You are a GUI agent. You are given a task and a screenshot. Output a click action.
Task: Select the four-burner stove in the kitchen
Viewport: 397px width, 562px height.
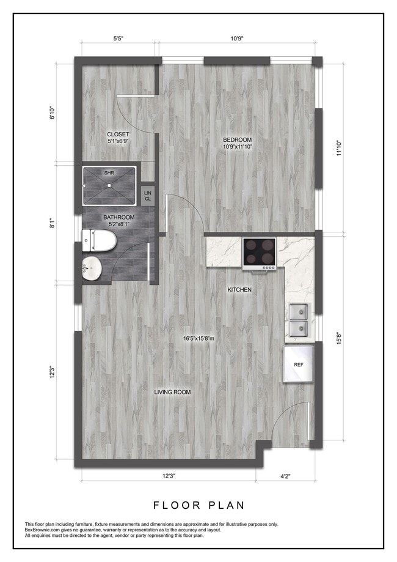(260, 253)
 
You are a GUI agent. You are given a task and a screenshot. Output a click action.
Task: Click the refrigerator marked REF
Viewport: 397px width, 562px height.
(299, 364)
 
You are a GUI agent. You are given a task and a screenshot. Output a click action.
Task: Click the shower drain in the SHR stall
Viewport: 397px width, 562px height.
(109, 185)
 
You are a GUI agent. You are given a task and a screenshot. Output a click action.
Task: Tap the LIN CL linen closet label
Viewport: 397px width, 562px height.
(148, 196)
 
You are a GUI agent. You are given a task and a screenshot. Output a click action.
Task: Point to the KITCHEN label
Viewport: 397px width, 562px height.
(239, 290)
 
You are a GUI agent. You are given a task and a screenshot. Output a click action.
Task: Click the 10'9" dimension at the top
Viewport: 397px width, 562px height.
(238, 39)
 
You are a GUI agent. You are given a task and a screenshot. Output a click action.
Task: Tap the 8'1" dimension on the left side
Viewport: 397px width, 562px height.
(53, 224)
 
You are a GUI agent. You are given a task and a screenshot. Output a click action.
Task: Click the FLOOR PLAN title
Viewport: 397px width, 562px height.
(198, 505)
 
